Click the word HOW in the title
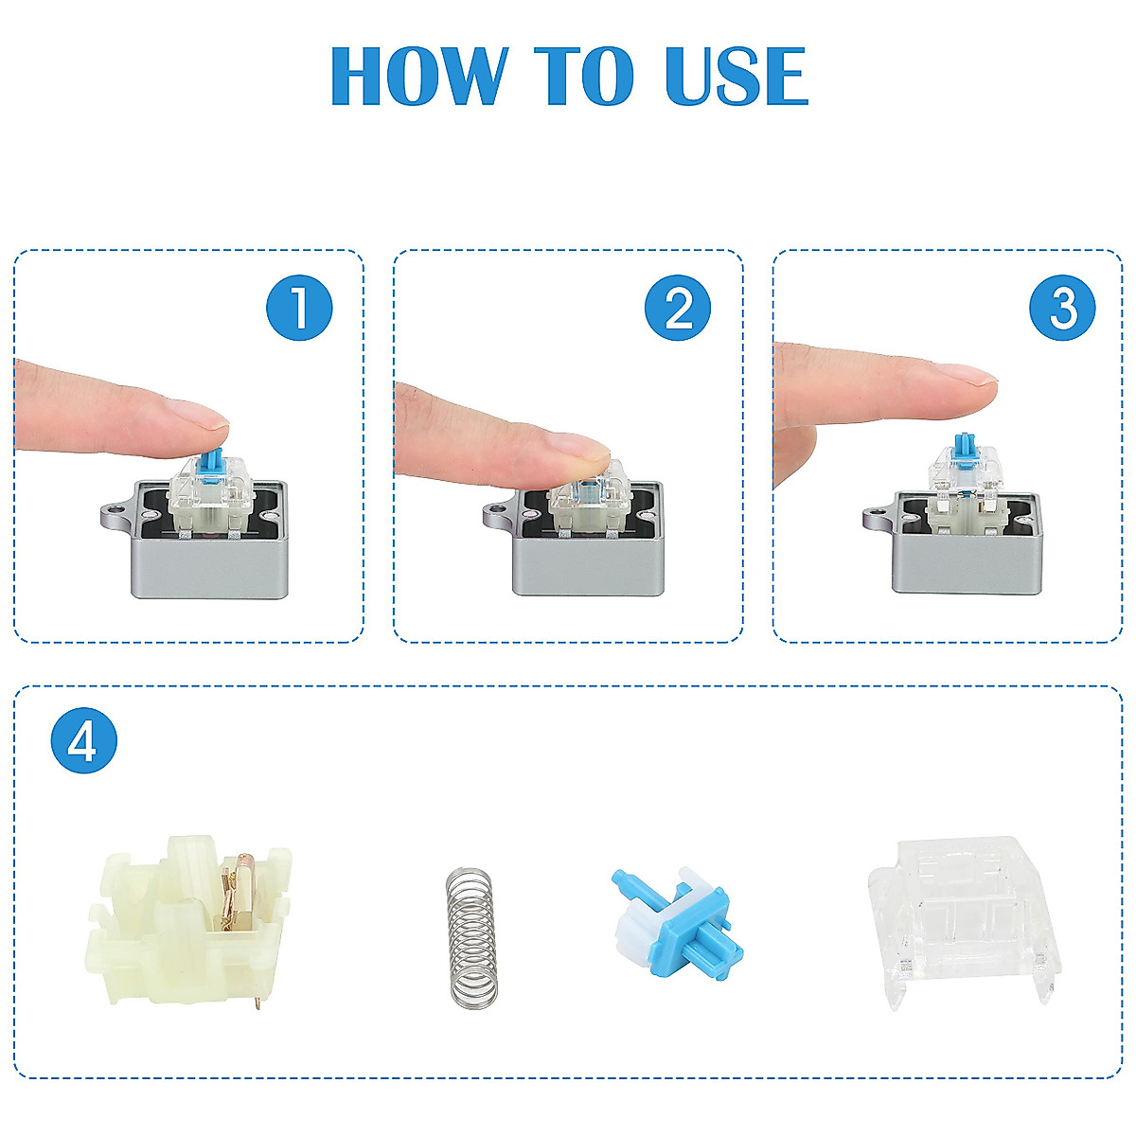click(419, 76)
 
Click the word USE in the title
click(736, 76)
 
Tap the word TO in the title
click(584, 76)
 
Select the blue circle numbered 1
click(299, 308)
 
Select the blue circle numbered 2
click(678, 308)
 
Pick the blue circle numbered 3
click(1063, 308)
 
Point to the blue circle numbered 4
click(84, 740)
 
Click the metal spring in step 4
click(470, 936)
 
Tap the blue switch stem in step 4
click(678, 924)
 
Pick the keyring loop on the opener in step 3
click(879, 517)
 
